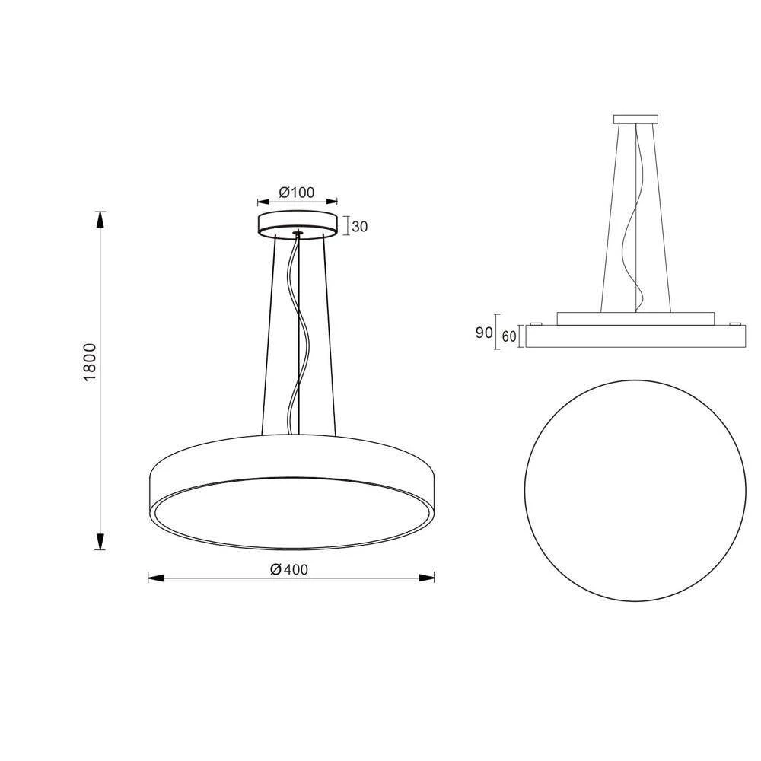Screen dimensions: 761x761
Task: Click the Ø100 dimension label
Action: pos(297,193)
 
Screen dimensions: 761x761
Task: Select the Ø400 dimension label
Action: pos(289,570)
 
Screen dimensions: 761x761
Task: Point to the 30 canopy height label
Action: pos(360,227)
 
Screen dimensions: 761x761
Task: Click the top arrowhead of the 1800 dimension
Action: pos(100,219)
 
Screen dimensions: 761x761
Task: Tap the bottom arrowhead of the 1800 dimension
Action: pos(100,541)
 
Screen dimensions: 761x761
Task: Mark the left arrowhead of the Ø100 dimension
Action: pos(263,202)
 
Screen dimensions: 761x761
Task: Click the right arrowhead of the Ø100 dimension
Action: pos(332,202)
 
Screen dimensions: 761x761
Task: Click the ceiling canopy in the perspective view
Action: pos(298,223)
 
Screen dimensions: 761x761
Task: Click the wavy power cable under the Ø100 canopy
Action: pos(298,335)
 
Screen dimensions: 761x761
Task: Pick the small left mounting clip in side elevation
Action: pos(536,323)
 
